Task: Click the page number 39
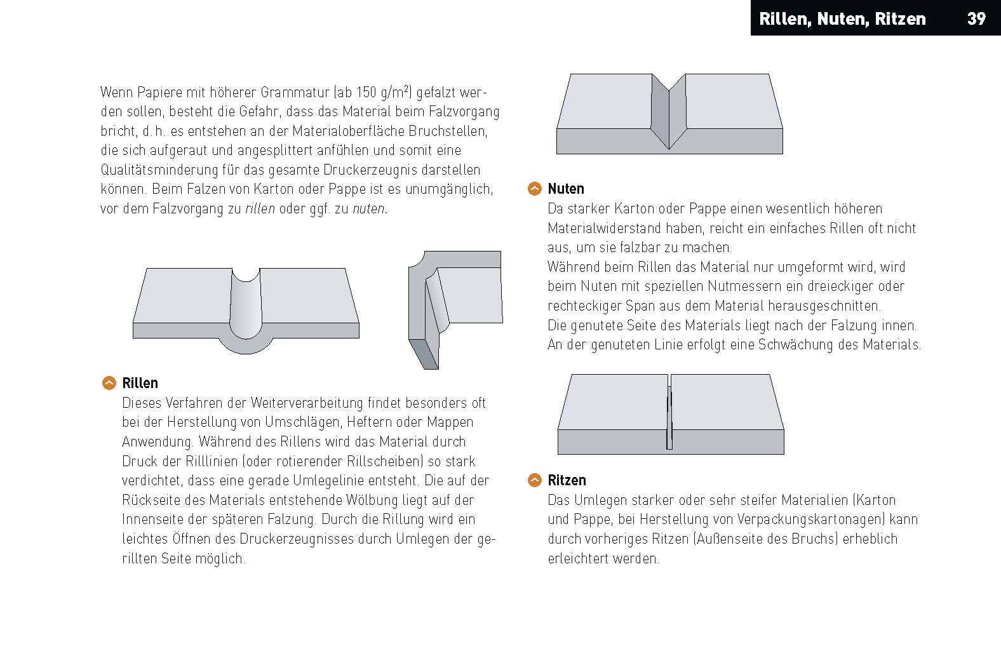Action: click(976, 18)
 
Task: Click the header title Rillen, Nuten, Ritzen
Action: click(842, 19)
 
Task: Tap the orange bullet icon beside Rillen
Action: click(109, 383)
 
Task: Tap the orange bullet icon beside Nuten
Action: click(535, 189)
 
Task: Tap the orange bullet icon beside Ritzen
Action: click(535, 480)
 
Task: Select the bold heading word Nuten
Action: click(566, 189)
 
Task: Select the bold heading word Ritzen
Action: click(567, 480)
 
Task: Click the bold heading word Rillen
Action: click(140, 383)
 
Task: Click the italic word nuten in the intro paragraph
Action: click(369, 208)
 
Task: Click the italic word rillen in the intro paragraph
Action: click(260, 208)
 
